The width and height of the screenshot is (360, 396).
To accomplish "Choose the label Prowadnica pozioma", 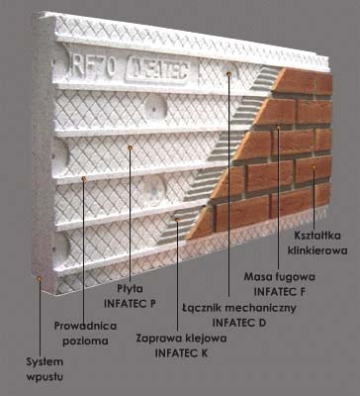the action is tap(83, 330).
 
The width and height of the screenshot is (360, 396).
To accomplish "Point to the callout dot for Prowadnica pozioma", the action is tap(84, 179).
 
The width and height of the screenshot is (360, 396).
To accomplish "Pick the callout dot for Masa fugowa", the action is tap(278, 126).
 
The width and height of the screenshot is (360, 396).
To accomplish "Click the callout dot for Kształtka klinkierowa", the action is tap(315, 167).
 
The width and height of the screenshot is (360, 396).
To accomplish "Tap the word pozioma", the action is tap(83, 337).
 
